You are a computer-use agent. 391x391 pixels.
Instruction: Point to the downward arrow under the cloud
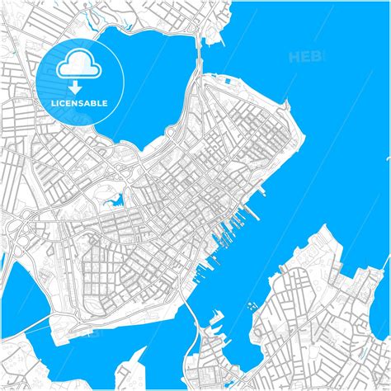(75, 86)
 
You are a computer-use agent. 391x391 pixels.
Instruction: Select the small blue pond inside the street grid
(115, 200)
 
